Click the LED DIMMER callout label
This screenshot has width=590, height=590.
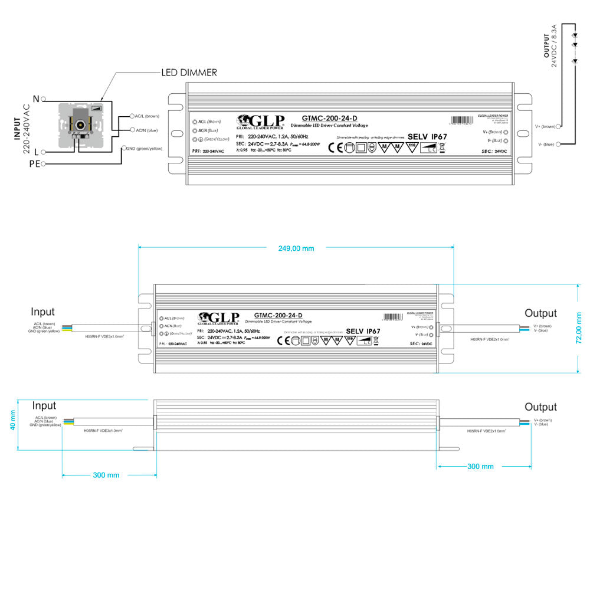coord(189,73)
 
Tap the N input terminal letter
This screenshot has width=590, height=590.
coord(36,99)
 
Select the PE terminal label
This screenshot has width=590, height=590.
coord(35,163)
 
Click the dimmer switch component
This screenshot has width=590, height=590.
coord(82,125)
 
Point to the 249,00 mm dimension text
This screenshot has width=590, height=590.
coord(296,248)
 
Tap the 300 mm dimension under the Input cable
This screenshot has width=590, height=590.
coord(106,475)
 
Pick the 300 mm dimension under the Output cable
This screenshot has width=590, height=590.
coord(480,467)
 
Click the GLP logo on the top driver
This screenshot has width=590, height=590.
coord(260,120)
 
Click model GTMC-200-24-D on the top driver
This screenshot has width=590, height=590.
coord(329,118)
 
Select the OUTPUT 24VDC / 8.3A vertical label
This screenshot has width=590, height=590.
coord(550,46)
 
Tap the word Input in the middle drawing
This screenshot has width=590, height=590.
coord(43,312)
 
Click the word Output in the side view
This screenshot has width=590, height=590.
coord(540,407)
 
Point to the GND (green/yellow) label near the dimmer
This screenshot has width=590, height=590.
coord(144,149)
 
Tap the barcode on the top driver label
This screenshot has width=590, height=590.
coord(462,120)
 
